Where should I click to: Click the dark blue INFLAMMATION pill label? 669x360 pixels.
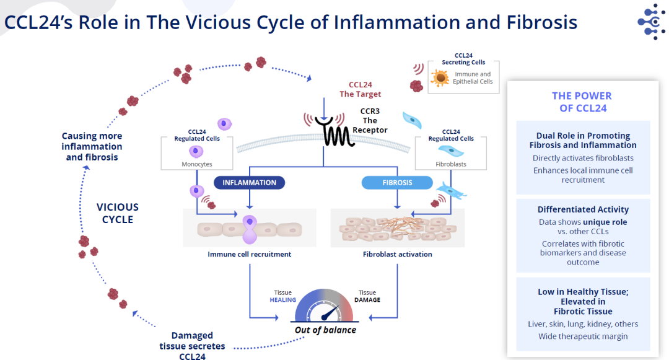point(250,183)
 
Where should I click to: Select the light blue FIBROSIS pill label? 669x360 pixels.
point(396,183)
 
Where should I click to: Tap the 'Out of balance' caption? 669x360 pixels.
point(325,330)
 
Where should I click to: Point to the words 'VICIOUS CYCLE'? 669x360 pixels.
point(118,213)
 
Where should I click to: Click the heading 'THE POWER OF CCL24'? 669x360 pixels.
point(582,102)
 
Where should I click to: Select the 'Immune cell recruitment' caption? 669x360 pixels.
point(249,254)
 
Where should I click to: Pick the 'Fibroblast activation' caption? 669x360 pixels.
point(397,254)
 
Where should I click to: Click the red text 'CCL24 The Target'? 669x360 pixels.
point(360,89)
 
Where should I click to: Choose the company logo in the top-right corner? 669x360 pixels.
point(651,22)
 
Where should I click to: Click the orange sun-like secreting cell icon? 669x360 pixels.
point(440,77)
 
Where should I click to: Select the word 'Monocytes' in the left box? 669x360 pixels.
point(196,164)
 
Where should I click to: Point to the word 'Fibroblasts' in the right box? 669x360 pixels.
point(450,164)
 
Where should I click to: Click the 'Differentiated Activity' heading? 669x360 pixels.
point(582,209)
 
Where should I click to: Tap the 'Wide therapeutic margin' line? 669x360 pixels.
point(582,336)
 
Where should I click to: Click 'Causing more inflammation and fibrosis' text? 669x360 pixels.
point(92,146)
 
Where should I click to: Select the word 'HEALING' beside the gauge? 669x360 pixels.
point(282,300)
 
